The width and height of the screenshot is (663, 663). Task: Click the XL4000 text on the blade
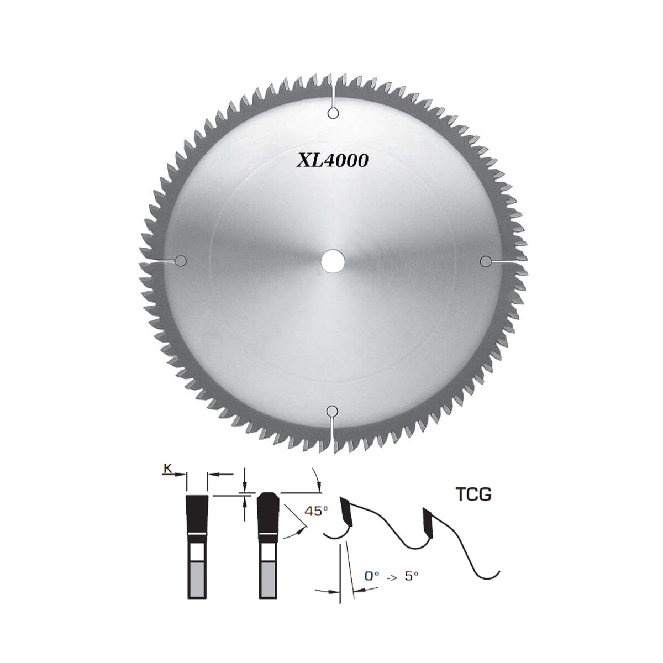pos(333,161)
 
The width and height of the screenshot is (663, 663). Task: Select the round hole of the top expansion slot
pos(333,113)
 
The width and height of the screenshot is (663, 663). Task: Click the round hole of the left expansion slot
pos(180,261)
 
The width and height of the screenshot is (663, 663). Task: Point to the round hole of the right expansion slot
pos(486,261)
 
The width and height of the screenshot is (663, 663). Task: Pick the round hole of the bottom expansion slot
pos(331,411)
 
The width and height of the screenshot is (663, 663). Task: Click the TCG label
pos(473,493)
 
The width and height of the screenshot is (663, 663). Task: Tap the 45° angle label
pos(316,511)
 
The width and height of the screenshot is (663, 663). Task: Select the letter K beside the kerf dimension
pos(167,469)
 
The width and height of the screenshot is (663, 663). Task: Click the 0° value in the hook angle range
pos(372,576)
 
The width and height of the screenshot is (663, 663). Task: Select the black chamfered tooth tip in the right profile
pos(269,513)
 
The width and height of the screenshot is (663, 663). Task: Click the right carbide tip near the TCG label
pos(428,521)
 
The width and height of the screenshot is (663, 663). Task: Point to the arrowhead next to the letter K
pos(181,474)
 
